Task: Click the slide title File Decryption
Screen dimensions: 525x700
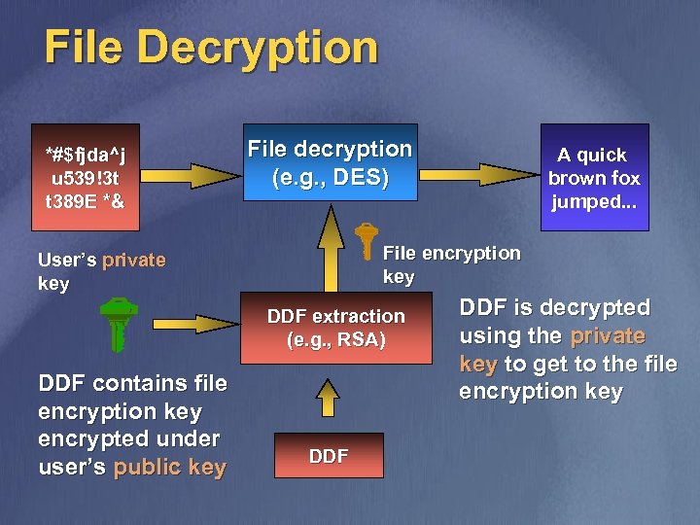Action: point(210,47)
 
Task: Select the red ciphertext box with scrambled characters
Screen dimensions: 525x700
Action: point(85,178)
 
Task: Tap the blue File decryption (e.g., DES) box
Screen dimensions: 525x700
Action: point(331,162)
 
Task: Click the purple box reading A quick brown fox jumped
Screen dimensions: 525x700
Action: point(594,178)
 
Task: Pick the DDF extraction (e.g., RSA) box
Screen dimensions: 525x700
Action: point(335,328)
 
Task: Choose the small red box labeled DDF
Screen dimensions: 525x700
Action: point(329,456)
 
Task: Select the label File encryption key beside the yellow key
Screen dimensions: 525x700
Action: point(451,264)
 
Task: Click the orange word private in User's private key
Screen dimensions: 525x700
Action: point(133,261)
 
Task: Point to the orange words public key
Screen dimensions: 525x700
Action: point(169,467)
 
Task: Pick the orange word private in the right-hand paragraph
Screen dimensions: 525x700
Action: point(608,335)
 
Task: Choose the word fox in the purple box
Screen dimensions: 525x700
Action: point(622,178)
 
